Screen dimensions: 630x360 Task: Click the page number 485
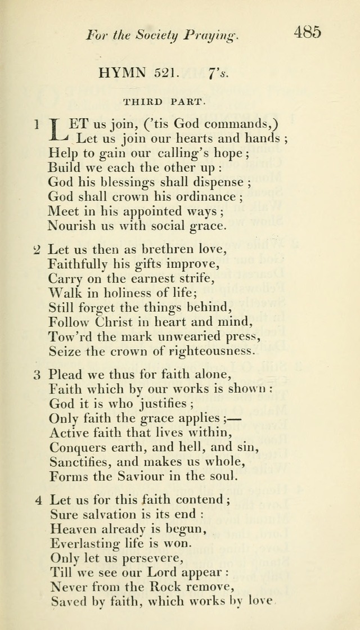[x=307, y=31]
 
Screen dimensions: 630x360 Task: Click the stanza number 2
[x=37, y=250]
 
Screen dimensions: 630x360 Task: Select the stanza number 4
[x=37, y=499]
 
